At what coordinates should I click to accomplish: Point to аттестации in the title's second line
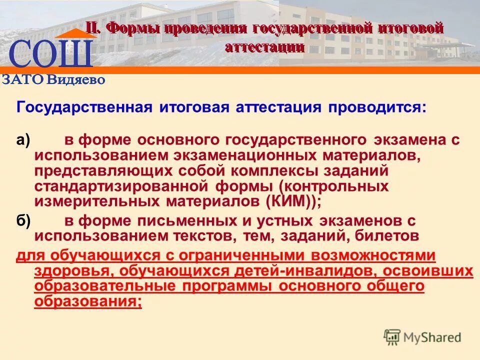point(264,47)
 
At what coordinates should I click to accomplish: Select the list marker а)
point(23,140)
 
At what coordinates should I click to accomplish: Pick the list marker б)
point(23,220)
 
